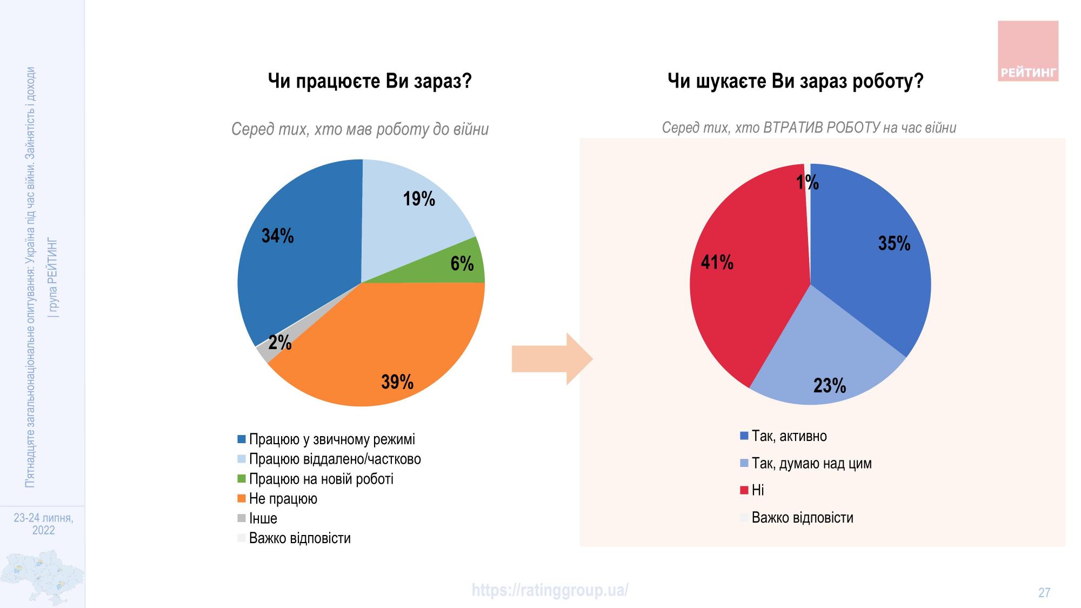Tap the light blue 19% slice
(411, 216)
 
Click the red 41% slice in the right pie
(740, 281)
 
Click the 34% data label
(278, 236)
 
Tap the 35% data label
(894, 244)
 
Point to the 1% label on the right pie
(808, 183)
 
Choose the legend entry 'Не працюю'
(283, 498)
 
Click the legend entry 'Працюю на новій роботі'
(321, 479)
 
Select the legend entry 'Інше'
(263, 518)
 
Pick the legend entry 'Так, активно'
(789, 436)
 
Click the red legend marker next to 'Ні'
(744, 490)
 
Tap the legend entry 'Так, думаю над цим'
(811, 463)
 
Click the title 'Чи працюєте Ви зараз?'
(370, 82)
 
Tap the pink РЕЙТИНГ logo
(1027, 51)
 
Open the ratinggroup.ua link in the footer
(550, 590)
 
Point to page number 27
(1044, 593)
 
